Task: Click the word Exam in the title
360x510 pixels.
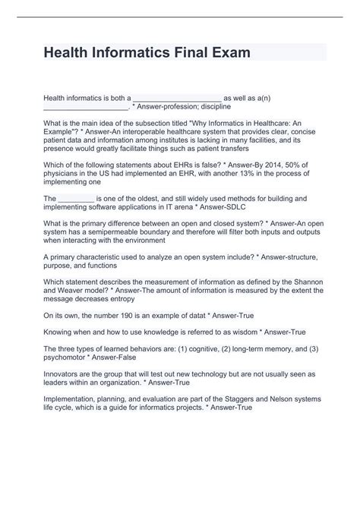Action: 215,53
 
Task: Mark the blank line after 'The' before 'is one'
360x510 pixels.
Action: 75,198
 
